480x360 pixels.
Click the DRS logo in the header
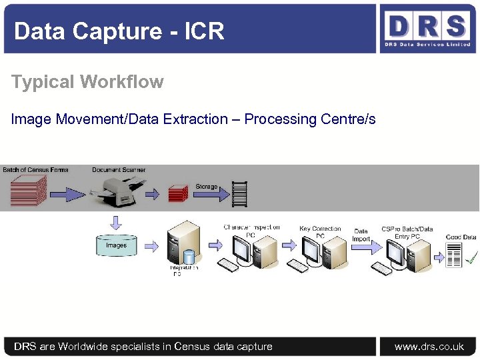pos(427,29)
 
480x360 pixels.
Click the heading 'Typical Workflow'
pos(87,82)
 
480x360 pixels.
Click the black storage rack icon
pos(239,194)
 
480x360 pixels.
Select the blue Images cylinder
pos(116,246)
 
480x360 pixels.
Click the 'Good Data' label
pos(461,237)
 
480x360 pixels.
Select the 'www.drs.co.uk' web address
pos(429,347)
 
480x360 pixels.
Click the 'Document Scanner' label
pos(119,170)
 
